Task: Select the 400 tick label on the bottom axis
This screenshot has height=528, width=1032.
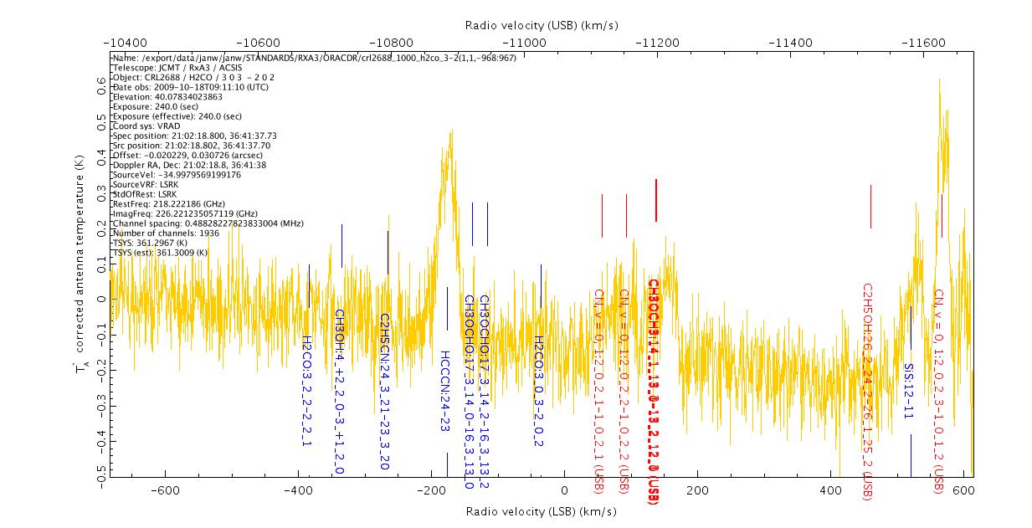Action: point(830,490)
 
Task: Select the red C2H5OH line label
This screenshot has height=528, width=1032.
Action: point(868,392)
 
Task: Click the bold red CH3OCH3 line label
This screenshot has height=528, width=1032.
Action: point(655,392)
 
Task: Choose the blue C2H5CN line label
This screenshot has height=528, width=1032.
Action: point(385,392)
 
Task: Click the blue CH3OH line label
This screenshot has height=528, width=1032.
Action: point(339,392)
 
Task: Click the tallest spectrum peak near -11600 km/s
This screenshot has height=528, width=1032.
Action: point(939,81)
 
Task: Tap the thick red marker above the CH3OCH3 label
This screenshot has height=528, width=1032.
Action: point(656,200)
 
